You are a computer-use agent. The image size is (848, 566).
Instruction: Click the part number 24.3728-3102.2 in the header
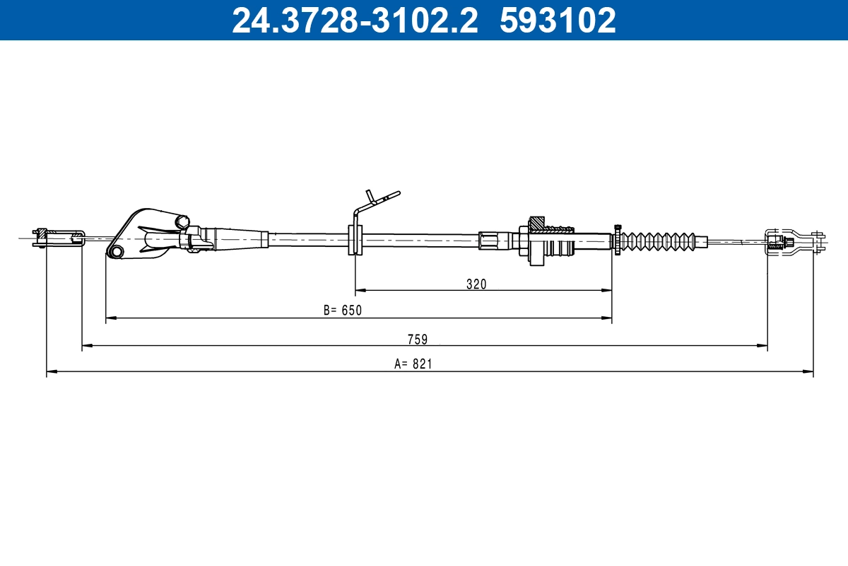[x=355, y=21]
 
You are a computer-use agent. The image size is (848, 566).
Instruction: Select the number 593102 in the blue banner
[x=558, y=21]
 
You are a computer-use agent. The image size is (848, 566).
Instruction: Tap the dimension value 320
[x=476, y=284]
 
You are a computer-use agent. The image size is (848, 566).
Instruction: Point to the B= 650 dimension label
[x=342, y=310]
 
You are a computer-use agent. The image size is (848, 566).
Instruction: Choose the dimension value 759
[x=418, y=339]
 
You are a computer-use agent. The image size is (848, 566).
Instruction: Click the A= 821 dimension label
[x=413, y=364]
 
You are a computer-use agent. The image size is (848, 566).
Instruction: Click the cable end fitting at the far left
[x=59, y=238]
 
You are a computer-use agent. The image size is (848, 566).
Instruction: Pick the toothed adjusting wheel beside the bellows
[x=618, y=241]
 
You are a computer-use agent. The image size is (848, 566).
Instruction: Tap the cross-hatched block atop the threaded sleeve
[x=537, y=223]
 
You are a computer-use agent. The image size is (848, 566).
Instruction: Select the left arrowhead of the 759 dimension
[x=87, y=346]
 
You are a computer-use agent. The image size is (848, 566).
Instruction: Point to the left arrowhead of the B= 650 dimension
[x=110, y=318]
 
